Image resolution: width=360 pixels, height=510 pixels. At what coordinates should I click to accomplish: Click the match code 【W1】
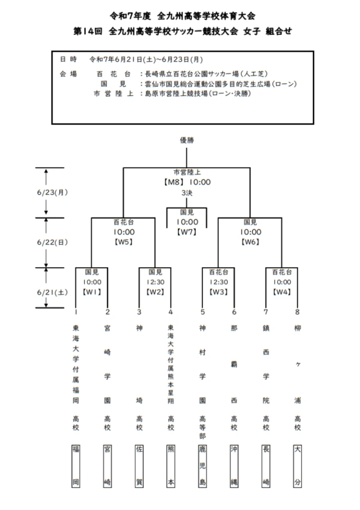(x=92, y=292)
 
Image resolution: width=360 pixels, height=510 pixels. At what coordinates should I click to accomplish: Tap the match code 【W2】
(x=155, y=292)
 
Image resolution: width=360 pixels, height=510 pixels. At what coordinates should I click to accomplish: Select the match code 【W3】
(x=219, y=292)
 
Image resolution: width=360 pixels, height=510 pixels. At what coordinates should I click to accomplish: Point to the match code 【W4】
(x=282, y=292)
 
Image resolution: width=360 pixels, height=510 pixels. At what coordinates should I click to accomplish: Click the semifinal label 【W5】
(x=124, y=242)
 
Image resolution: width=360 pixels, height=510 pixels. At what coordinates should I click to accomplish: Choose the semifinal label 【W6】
(x=250, y=242)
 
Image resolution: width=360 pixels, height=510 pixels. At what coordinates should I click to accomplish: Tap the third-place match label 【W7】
(x=187, y=232)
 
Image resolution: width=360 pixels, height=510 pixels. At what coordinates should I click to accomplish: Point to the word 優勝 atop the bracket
(x=187, y=140)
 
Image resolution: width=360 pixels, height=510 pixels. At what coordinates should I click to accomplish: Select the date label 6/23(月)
(x=52, y=192)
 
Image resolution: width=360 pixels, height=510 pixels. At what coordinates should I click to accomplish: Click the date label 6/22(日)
(x=52, y=243)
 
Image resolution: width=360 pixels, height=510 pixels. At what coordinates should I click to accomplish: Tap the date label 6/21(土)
(x=52, y=292)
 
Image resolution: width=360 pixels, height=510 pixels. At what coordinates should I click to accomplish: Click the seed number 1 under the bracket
(x=76, y=312)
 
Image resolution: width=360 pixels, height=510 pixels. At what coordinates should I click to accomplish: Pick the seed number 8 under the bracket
(x=297, y=312)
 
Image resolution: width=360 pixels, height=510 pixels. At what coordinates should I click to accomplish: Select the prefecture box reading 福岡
(x=76, y=466)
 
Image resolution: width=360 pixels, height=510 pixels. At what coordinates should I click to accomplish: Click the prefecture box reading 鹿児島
(x=202, y=466)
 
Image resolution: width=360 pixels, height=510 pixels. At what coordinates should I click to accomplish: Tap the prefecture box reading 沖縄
(x=234, y=466)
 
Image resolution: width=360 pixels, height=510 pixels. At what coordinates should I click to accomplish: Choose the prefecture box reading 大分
(x=297, y=466)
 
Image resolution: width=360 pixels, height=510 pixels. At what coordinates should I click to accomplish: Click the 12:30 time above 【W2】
(x=155, y=282)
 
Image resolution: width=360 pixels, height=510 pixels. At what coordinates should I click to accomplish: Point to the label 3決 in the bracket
(x=187, y=193)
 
